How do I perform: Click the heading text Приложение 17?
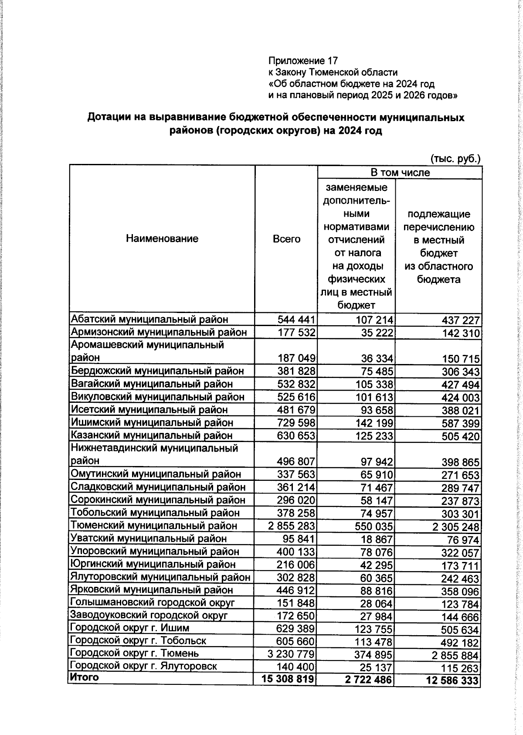pos(303,61)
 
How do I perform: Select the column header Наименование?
pos(162,238)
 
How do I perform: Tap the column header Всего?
pos(286,239)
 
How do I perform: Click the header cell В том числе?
pos(400,172)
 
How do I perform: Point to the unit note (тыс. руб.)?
pos(455,158)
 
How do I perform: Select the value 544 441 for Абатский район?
pos(296,320)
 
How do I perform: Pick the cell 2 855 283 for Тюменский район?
pos(292,526)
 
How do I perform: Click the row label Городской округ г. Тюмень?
pos(135,653)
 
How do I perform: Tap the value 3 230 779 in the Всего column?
pos(292,654)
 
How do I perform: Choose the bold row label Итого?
pos(85,677)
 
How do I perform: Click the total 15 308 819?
pos(288,679)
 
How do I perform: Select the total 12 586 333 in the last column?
pos(451,680)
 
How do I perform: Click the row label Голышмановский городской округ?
pos(153,602)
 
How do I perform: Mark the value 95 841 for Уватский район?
pos(296,539)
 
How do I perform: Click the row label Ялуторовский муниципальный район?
pos(160,577)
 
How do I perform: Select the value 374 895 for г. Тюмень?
pos(374,654)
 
